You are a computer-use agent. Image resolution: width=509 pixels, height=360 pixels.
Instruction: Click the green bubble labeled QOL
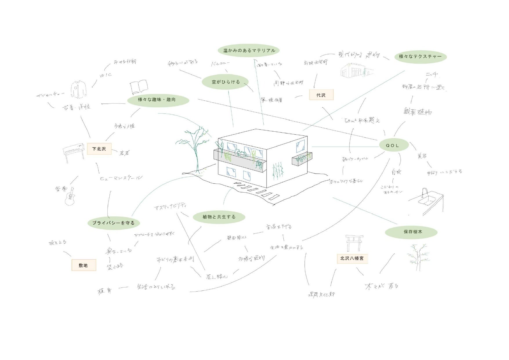(394, 145)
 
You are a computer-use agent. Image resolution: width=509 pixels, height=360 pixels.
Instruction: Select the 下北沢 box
(99, 149)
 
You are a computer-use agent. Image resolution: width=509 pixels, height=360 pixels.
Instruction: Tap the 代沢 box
(321, 95)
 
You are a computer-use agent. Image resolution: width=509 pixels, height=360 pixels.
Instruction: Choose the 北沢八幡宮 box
(352, 258)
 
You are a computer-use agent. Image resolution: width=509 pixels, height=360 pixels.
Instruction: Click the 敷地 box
(84, 265)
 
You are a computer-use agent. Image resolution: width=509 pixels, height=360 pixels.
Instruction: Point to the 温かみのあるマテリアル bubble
(249, 50)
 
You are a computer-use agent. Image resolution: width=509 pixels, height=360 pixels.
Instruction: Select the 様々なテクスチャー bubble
(420, 57)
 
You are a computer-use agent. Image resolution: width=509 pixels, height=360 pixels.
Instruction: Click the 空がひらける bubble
(225, 82)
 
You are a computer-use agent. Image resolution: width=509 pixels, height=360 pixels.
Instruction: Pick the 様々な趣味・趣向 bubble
(158, 100)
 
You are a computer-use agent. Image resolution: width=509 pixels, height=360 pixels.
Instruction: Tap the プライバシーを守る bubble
(114, 223)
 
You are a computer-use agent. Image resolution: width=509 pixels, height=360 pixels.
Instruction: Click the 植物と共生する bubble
(219, 217)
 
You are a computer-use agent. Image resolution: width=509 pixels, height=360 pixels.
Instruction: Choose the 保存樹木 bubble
(411, 232)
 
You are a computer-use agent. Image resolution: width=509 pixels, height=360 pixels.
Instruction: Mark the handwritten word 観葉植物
(417, 112)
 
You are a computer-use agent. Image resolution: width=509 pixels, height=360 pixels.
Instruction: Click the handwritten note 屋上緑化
(217, 277)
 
